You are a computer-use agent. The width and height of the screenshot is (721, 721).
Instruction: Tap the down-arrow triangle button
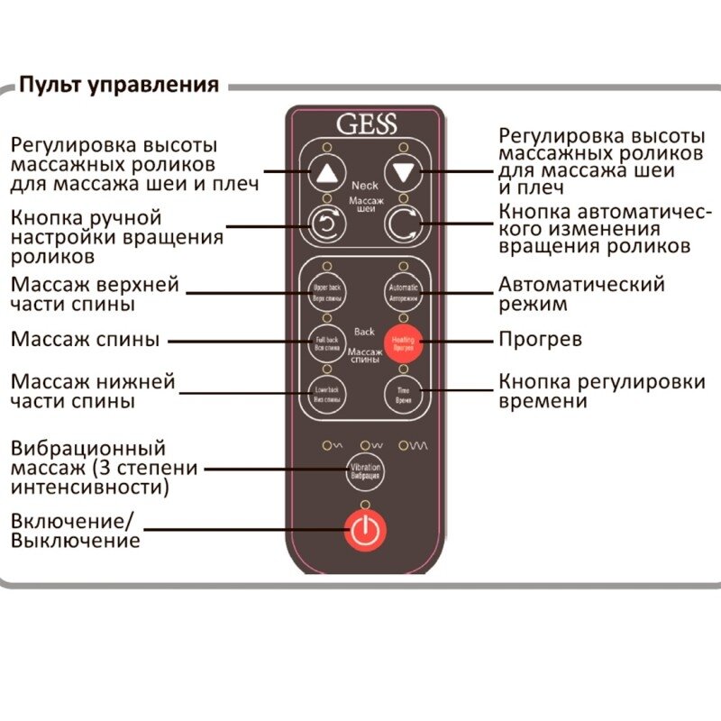pos(403,171)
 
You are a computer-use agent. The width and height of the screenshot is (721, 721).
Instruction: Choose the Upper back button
pos(326,290)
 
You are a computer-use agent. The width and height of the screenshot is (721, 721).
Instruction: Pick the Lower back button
pos(326,392)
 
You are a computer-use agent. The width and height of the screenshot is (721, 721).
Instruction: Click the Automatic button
pos(403,290)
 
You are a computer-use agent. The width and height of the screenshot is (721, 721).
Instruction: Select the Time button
pos(403,392)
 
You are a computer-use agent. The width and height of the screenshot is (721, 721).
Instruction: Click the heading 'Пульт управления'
pos(120,87)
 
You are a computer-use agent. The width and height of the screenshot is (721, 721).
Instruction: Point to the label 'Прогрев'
pos(540,341)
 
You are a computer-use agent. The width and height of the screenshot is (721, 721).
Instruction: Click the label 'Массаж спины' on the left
pos(86,341)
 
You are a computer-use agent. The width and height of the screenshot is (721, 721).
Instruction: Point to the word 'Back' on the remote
pos(364,331)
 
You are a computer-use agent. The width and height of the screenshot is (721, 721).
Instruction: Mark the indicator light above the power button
pos(364,504)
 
